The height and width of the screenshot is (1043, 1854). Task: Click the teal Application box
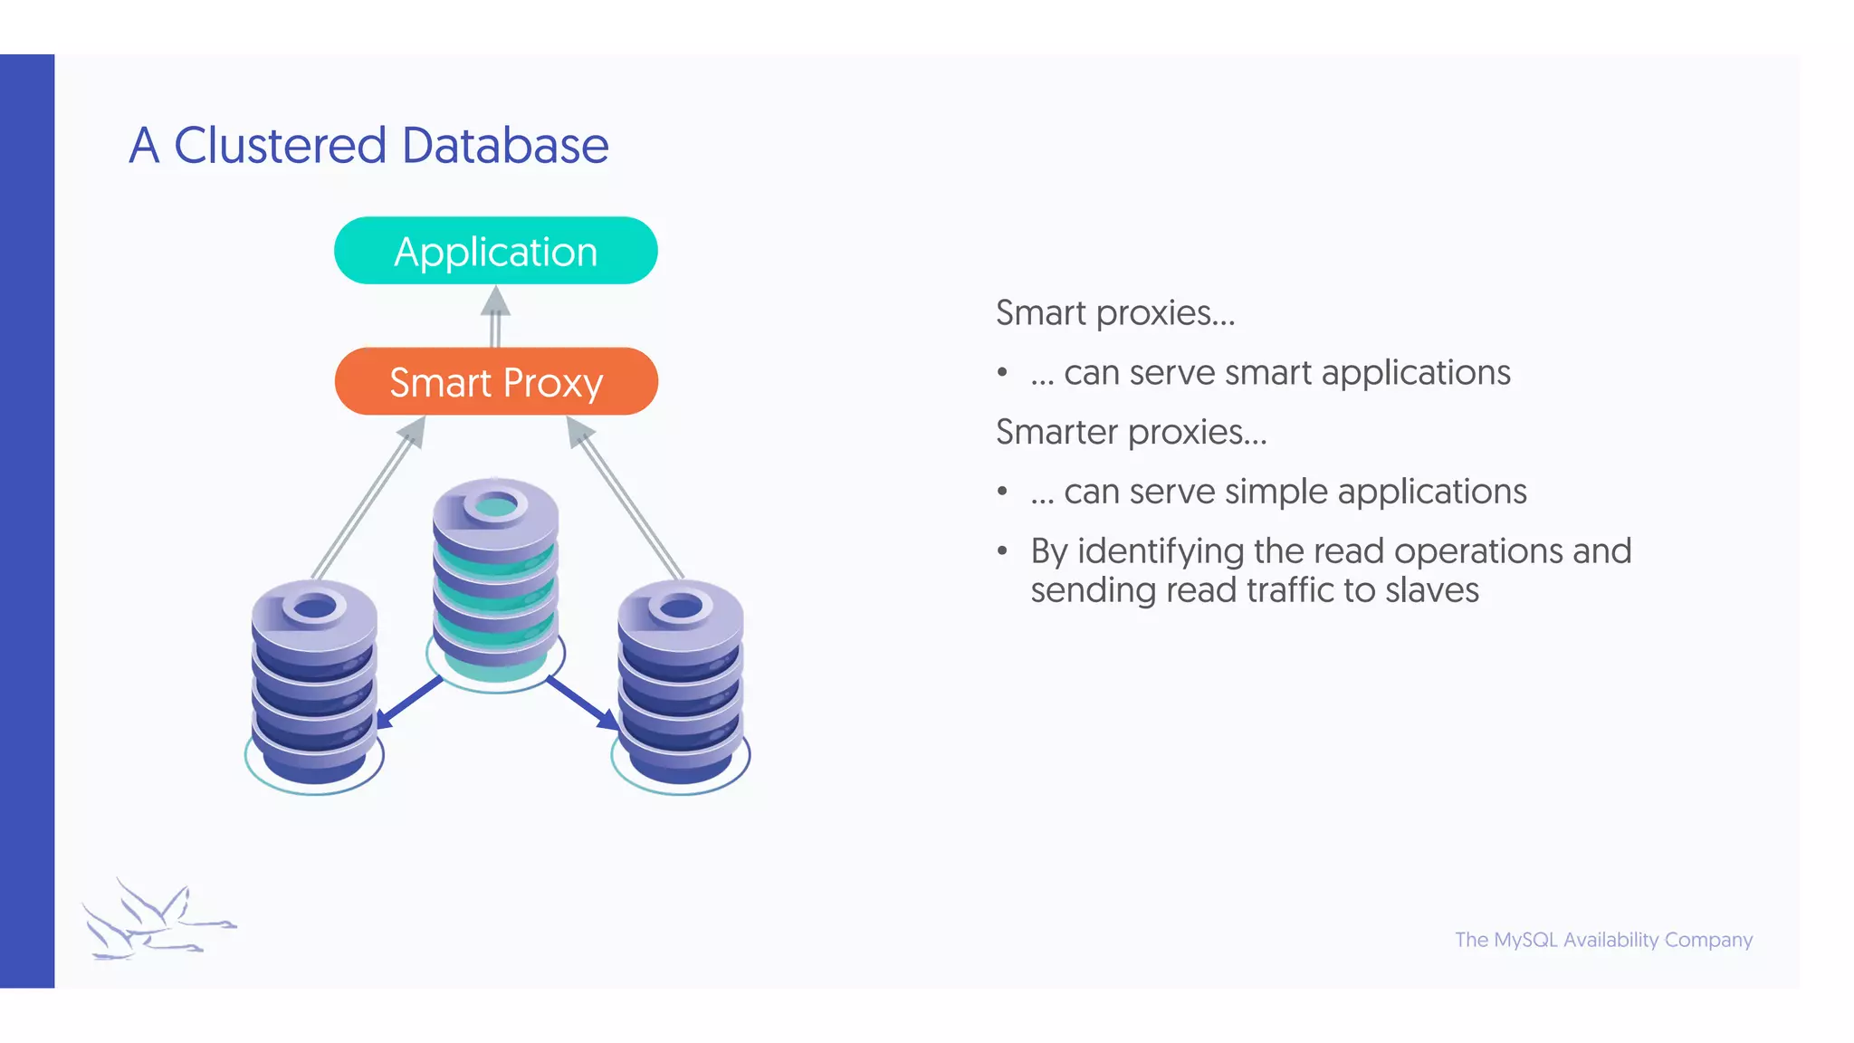[495, 251]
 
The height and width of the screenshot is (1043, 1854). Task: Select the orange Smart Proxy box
[495, 381]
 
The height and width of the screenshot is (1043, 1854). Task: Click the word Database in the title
[504, 146]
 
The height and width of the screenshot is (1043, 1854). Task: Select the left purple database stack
[314, 688]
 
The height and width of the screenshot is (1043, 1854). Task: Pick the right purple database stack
[681, 688]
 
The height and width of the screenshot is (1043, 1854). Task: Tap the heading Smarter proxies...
[1131, 432]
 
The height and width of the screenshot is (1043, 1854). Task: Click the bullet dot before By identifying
[1002, 550]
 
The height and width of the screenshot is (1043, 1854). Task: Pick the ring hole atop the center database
[495, 505]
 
